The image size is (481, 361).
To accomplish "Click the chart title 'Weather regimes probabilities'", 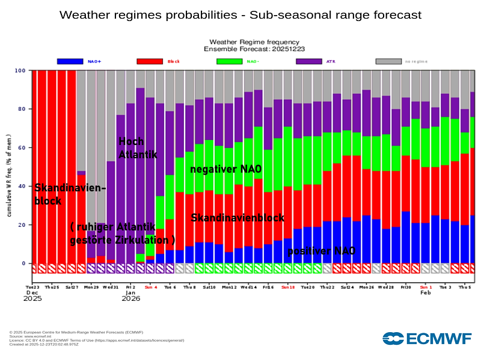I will (x=240, y=14).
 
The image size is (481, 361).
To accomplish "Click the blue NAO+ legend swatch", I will (x=69, y=61).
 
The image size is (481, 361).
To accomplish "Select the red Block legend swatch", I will (x=150, y=61).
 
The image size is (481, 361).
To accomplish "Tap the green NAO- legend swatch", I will (x=229, y=61).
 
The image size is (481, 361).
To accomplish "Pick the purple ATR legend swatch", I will (x=309, y=61).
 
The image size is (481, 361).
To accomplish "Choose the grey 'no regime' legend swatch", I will (x=388, y=61).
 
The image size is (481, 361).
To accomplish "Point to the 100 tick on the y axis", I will (x=20, y=71).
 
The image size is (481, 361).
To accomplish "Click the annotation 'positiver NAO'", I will (x=321, y=250).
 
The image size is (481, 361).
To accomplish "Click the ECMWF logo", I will (x=426, y=339).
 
